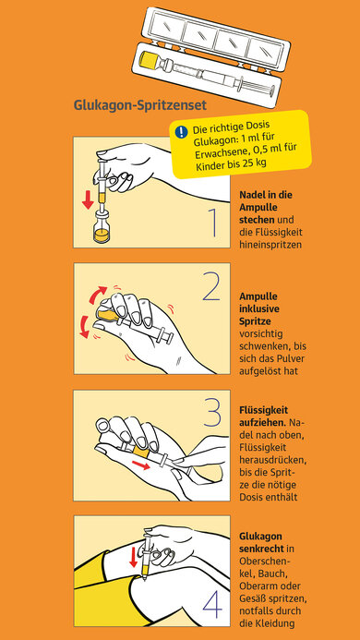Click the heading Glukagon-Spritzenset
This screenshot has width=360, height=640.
(140, 105)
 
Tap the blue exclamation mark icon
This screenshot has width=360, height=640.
(181, 131)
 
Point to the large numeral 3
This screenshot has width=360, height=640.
(212, 412)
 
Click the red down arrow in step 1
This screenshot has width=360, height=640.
(88, 199)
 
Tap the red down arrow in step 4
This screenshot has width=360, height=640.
(133, 558)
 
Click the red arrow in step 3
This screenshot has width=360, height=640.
(141, 465)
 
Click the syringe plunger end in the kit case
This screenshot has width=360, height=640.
(276, 88)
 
